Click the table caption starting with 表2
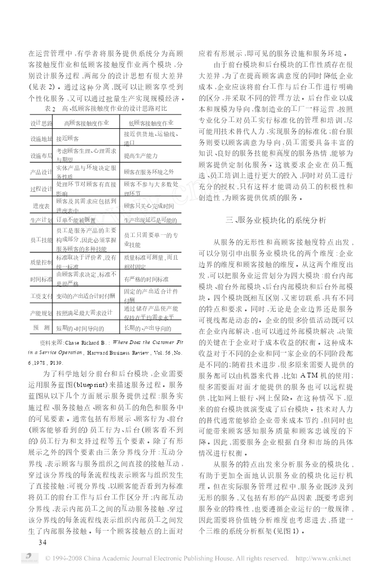(x=105, y=108)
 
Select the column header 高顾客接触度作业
(x=86, y=123)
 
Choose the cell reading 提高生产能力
(x=141, y=156)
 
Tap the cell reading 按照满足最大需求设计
(x=86, y=313)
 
